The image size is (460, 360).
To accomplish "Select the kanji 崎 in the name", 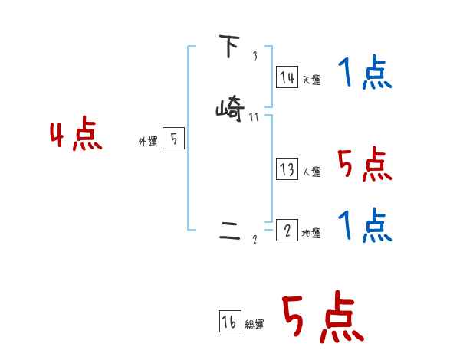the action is (229, 110).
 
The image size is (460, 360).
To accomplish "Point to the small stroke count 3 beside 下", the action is (255, 56).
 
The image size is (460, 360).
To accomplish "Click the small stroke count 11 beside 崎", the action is (255, 117).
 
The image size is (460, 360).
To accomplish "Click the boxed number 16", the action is (229, 322).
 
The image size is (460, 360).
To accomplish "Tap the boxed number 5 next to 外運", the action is (173, 139).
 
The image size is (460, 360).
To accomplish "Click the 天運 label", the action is (311, 80).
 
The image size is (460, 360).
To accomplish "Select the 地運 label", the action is (311, 234).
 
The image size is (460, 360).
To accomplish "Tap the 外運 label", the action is (148, 142).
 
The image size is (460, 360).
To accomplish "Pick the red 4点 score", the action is (76, 136).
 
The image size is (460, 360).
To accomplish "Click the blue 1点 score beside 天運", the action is (365, 75).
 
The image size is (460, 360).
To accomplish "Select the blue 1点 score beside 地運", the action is (365, 226).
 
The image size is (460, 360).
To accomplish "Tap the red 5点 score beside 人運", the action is (365, 165).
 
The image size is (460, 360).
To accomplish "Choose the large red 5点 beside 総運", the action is (322, 318).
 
